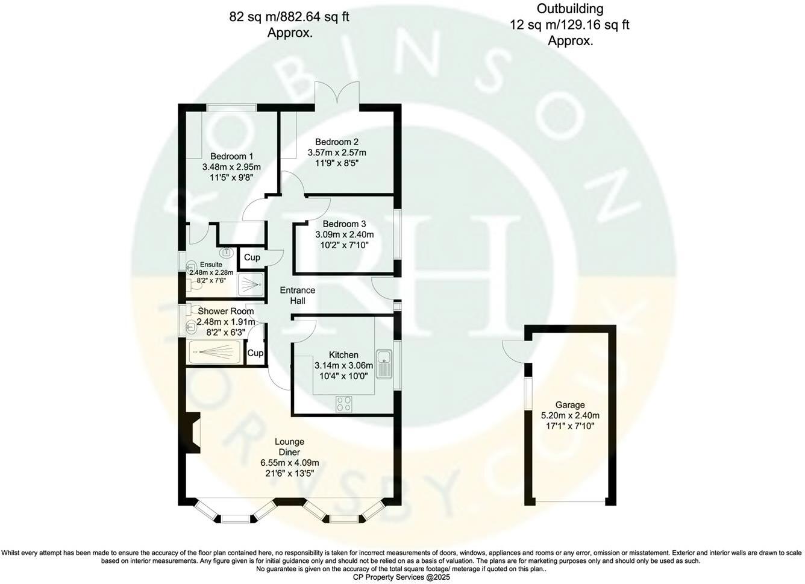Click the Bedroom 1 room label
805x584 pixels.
pos(231,156)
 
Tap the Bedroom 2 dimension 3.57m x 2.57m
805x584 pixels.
pos(337,152)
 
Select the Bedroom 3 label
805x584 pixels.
pos(344,224)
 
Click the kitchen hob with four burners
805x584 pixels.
pos(343,404)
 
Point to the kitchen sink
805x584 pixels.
pos(385,363)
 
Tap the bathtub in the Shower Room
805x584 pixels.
pos(215,353)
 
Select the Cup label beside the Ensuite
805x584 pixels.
pos(252,257)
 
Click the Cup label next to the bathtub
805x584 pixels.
pos(255,353)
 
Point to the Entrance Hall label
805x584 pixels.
pos(298,295)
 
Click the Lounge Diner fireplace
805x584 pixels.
pos(193,433)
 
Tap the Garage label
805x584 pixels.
pos(570,405)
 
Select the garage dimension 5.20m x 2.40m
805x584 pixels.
pos(571,416)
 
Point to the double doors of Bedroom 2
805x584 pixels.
pos(337,93)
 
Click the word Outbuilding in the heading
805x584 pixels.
pos(570,8)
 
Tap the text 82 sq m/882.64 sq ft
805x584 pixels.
pos(289,17)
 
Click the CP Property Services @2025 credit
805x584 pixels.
pos(401,577)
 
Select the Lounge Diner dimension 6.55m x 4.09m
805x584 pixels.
pos(290,462)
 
